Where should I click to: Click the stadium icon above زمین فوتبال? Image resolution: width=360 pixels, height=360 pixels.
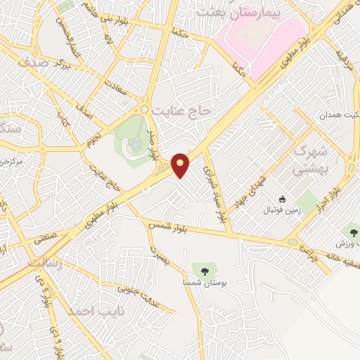point(283,200)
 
